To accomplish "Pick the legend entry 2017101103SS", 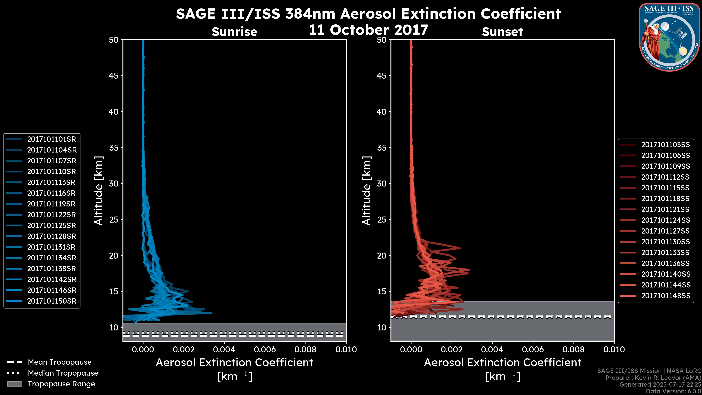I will (665, 145).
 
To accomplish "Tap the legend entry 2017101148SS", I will (665, 296).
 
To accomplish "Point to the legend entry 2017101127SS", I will (665, 231).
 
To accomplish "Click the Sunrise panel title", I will (234, 32).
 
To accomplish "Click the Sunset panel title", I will (502, 32).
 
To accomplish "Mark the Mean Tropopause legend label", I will (60, 362).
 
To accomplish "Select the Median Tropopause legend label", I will (63, 373).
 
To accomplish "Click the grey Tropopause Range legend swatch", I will (15, 384).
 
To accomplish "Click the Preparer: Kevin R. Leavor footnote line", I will (653, 378).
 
